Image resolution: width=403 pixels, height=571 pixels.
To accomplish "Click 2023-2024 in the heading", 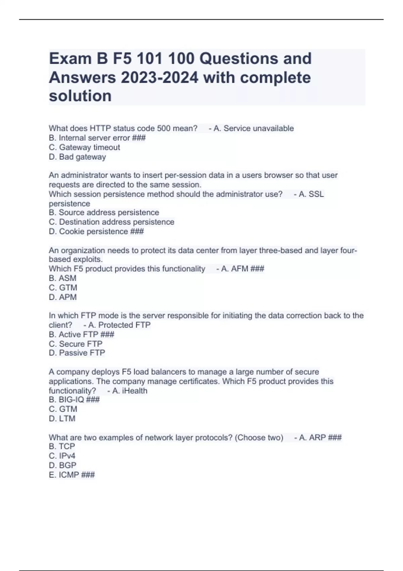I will (160, 78).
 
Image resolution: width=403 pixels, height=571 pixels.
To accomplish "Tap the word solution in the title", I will (80, 96).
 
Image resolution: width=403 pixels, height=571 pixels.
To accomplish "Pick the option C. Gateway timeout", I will (84, 147).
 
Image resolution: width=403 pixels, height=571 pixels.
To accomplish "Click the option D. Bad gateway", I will (77, 157).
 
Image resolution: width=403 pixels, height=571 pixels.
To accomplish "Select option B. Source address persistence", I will (104, 213).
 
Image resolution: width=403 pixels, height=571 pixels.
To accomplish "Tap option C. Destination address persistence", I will (111, 222).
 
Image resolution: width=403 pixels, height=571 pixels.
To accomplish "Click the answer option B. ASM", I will (62, 278).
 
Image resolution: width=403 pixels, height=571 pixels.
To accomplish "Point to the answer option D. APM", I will (63, 297).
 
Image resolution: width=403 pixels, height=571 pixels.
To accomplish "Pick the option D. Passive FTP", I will (77, 353).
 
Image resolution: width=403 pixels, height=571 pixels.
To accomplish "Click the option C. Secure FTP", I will (76, 344).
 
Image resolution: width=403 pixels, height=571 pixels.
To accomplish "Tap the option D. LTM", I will (62, 419).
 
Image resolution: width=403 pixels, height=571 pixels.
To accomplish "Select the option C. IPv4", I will (62, 456).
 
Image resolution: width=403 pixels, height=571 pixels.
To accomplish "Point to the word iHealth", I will (134, 391).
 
